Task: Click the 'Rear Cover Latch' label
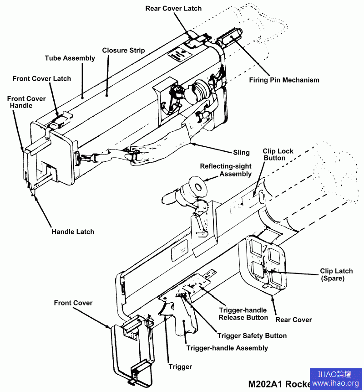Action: pyautogui.click(x=173, y=8)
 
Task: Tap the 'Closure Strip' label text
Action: pyautogui.click(x=123, y=50)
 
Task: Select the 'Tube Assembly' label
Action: pyautogui.click(x=70, y=58)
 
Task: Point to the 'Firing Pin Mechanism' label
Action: pyautogui.click(x=284, y=80)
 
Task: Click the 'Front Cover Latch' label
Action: pyautogui.click(x=42, y=78)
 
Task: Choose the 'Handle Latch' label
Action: pyautogui.click(x=73, y=232)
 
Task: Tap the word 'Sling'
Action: pyautogui.click(x=241, y=152)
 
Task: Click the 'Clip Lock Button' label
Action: pyautogui.click(x=278, y=155)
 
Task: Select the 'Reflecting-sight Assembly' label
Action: pyautogui.click(x=226, y=170)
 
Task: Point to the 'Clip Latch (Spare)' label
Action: pyautogui.click(x=336, y=274)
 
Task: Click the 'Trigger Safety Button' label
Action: pyautogui.click(x=252, y=336)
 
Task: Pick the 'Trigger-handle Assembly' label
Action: pyautogui.click(x=227, y=348)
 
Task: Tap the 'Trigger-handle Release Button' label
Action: pyautogui.click(x=243, y=314)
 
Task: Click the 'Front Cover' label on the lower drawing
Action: pyautogui.click(x=73, y=303)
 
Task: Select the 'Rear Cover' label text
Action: pyautogui.click(x=293, y=320)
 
